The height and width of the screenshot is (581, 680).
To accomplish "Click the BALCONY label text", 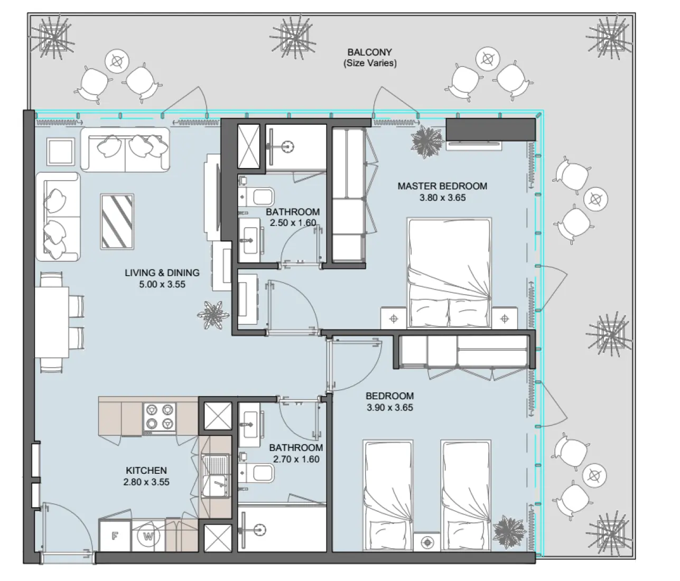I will (369, 52).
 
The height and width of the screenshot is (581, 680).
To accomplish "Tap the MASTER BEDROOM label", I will (442, 186).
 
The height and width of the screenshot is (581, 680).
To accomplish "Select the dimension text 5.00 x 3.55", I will (162, 285).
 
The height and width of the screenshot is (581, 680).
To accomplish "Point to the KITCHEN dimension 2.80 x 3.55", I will (146, 482).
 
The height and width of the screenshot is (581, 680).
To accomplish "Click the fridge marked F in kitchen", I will (115, 536).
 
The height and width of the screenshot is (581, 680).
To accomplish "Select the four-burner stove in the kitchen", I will (160, 416).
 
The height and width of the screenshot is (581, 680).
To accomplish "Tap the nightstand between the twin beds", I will (427, 542).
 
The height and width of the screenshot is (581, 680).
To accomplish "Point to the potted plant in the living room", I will (213, 314).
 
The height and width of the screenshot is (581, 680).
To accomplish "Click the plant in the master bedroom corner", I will (427, 140).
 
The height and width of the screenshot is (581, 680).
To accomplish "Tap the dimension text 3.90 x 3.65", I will (389, 408).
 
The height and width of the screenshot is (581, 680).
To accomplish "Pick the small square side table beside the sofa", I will (61, 152).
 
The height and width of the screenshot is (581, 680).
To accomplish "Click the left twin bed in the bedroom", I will (388, 496).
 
